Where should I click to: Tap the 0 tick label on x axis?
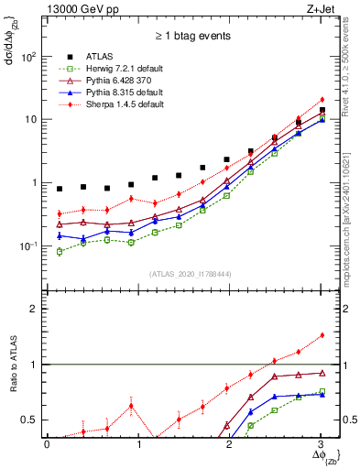(x=48, y=444)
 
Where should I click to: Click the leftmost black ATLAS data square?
(x=60, y=189)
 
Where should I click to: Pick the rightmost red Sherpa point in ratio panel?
(x=321, y=335)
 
